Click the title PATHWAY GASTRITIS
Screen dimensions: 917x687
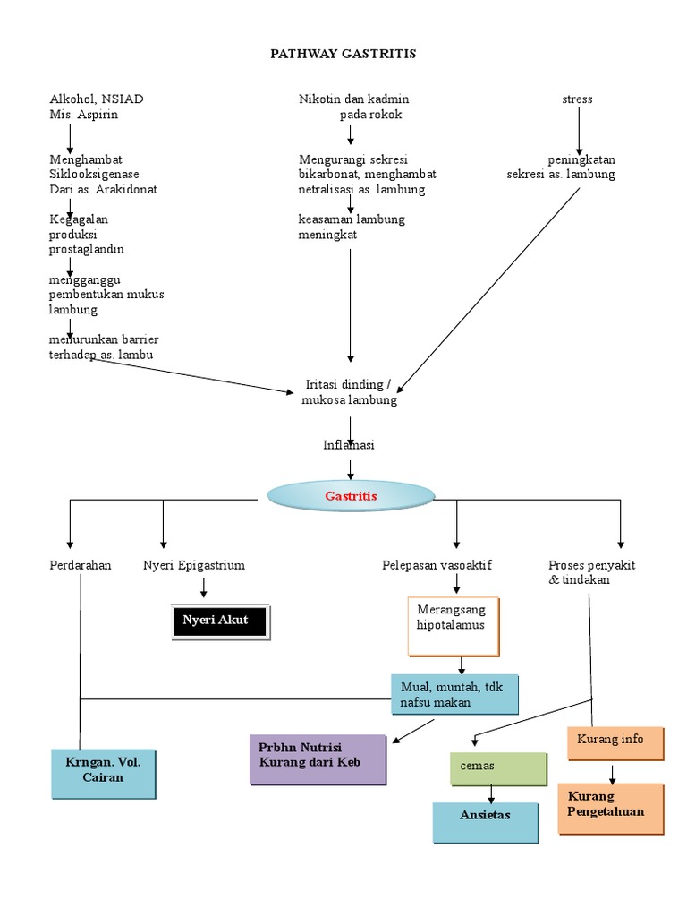[343, 54]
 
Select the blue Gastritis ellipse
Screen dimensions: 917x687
[352, 496]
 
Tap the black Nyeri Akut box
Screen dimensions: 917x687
[219, 620]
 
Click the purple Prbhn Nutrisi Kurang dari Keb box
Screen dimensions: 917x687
[318, 759]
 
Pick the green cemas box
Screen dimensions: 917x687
[497, 767]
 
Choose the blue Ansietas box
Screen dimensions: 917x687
[485, 821]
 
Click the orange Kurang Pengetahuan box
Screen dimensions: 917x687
[611, 808]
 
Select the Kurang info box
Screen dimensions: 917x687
[615, 741]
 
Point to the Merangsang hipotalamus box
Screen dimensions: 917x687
[454, 625]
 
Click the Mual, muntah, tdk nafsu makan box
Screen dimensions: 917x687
[454, 696]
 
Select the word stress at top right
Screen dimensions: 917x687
[577, 99]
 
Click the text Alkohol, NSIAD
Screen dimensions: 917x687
[97, 99]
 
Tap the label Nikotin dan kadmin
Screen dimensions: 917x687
[353, 99]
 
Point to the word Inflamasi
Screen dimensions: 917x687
[349, 445]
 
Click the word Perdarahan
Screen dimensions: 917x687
[81, 566]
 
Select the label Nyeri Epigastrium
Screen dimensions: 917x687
[194, 566]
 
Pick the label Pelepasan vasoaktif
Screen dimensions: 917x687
[437, 566]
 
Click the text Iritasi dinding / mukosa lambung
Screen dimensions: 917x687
[349, 392]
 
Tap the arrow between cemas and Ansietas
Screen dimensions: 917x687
[490, 793]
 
